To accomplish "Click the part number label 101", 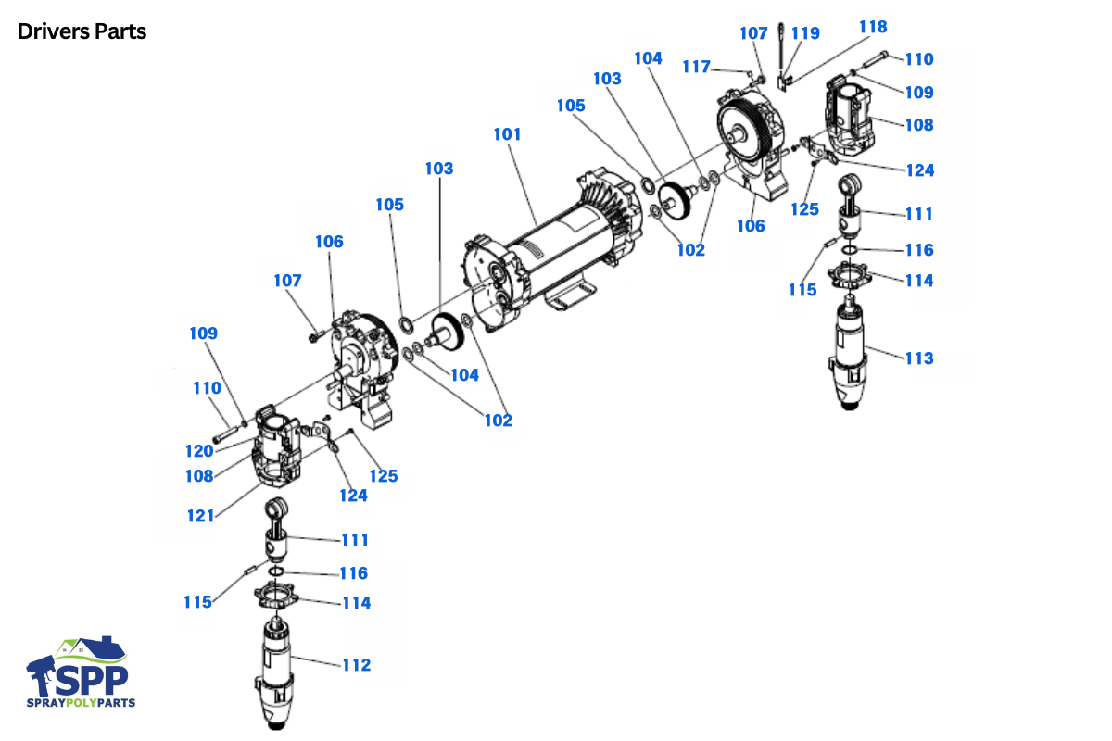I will (507, 134).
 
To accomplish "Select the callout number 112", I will (356, 665).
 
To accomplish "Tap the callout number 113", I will (919, 358).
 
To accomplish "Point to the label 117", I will (696, 67).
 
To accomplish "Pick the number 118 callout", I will (873, 26).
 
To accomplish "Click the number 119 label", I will (805, 33).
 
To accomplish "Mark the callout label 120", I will (198, 451).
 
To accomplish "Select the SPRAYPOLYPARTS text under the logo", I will (82, 703).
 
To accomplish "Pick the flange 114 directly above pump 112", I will (275, 596).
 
